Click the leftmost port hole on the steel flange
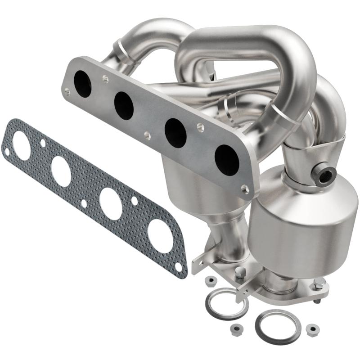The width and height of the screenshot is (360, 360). [x=82, y=85]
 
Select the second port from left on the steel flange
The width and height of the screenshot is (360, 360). [x=123, y=106]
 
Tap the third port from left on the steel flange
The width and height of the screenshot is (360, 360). [x=175, y=132]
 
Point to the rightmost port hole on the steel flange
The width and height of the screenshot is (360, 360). [x=226, y=160]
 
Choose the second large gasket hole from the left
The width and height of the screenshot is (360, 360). [x=61, y=171]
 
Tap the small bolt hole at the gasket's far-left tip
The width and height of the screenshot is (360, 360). [x=7, y=152]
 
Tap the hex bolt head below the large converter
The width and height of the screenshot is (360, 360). [x=319, y=283]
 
